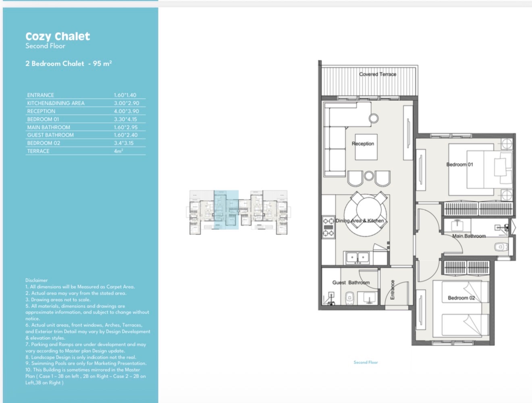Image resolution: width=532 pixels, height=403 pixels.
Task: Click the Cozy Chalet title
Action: [58, 37]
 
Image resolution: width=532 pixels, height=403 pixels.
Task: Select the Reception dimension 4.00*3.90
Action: [127, 111]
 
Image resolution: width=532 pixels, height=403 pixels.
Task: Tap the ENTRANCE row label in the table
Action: [40, 95]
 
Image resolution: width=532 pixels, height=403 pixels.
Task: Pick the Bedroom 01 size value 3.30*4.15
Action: [126, 119]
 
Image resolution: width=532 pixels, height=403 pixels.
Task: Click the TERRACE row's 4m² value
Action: [118, 151]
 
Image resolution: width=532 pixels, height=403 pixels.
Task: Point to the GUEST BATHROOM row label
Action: [50, 135]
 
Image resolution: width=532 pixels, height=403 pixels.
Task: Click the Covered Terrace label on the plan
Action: [378, 75]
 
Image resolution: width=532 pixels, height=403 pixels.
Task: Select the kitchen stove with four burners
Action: [328, 227]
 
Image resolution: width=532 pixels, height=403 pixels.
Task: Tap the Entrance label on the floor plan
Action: [393, 290]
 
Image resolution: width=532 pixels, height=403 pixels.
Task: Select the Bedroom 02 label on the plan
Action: [461, 298]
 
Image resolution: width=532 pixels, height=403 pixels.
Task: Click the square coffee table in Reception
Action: [366, 147]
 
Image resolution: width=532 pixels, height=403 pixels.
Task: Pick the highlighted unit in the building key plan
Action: [226, 210]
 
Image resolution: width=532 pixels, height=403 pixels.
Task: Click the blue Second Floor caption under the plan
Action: [366, 362]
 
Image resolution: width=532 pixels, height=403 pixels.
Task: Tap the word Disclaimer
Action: [37, 280]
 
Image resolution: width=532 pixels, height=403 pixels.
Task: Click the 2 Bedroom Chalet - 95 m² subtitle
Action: [69, 64]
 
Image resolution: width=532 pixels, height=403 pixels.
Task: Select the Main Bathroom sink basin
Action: [457, 225]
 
